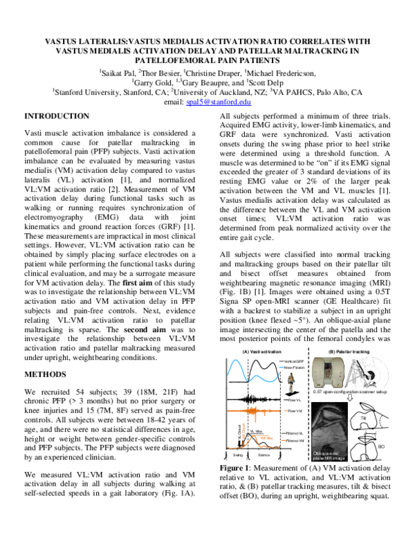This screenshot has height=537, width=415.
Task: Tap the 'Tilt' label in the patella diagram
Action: pos(373,408)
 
